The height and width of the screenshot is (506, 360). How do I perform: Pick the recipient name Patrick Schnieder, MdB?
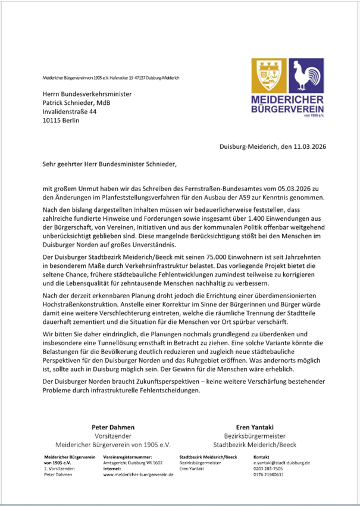76,102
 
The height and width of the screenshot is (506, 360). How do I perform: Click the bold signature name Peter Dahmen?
112,427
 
